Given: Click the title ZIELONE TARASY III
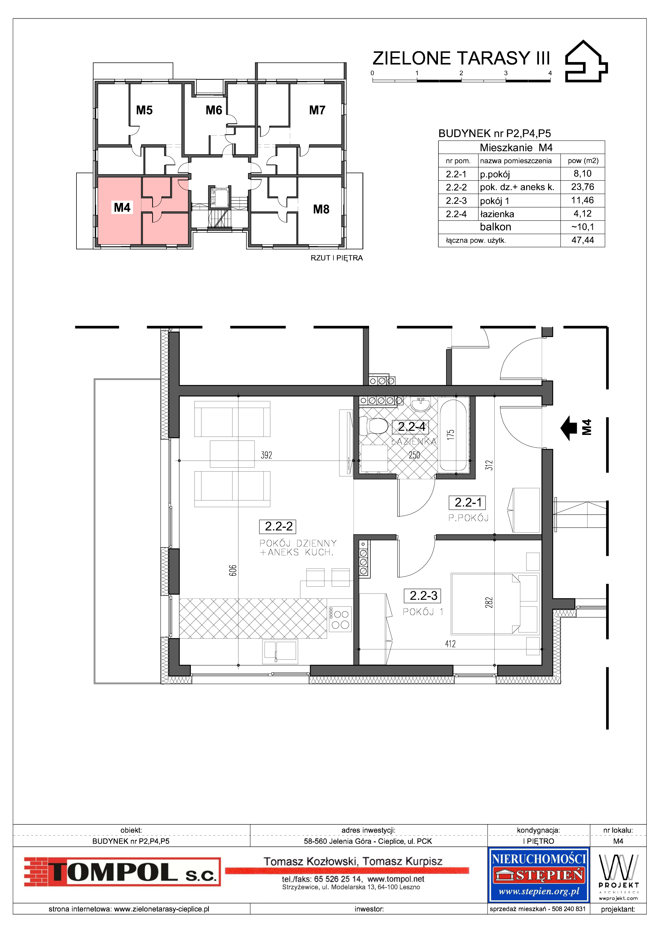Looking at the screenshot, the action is coord(461,58).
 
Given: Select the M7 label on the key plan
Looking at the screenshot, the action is coord(317,110).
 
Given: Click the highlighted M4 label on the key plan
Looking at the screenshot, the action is coord(122,208).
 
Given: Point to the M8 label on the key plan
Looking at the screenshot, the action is coord(321,209).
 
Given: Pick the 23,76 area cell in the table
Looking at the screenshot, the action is coord(582,187).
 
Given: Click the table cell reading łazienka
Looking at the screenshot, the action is coord(497,214).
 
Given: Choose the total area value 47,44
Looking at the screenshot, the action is coord(582,240).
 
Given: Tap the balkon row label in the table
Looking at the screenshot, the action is coord(495,227).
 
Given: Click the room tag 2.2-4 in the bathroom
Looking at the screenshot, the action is coord(411,427).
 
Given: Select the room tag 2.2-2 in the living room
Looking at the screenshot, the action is coord(278,527).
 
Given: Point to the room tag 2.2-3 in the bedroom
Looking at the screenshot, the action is coord(423,596).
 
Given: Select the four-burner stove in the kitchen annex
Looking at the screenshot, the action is coord(339,620).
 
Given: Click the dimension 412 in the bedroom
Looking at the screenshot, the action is coord(450,644).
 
